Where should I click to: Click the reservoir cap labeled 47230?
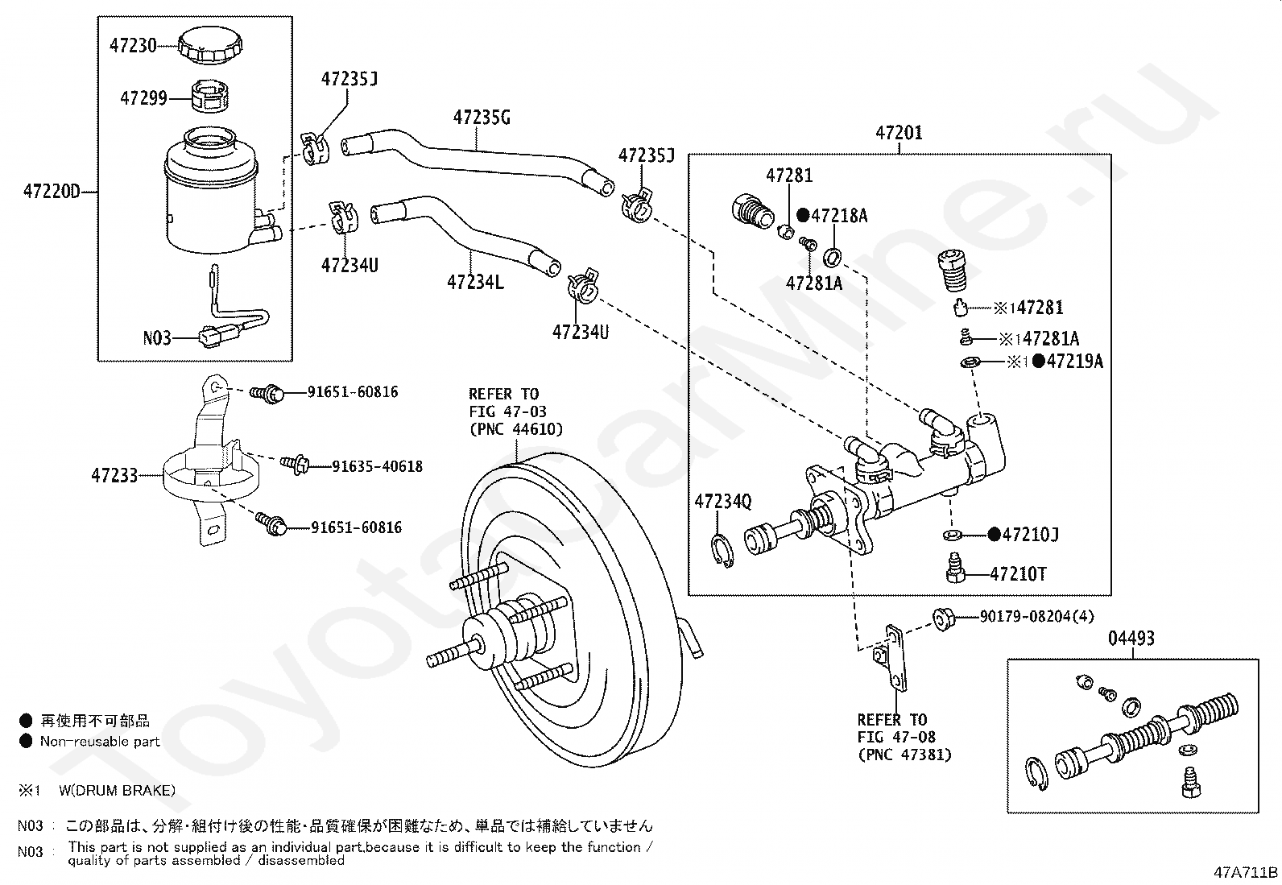[x=209, y=44]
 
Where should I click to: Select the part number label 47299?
[x=143, y=98]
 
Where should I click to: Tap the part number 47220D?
[x=52, y=191]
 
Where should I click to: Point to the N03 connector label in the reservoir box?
[x=157, y=338]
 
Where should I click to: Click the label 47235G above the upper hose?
[x=482, y=118]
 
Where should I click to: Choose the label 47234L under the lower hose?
[x=475, y=282]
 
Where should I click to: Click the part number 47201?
[x=899, y=133]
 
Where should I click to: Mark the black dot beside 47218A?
[x=803, y=215]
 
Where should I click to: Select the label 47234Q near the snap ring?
[x=723, y=502]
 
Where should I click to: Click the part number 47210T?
[x=1018, y=574]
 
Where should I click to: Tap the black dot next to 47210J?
[x=995, y=534]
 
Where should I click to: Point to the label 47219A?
[x=1075, y=362]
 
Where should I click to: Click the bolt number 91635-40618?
[x=377, y=466]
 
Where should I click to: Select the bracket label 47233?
[x=114, y=476]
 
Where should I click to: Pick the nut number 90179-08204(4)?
[x=1036, y=617]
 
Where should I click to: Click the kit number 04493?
[x=1131, y=639]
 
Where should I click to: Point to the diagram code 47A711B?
[x=1246, y=872]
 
